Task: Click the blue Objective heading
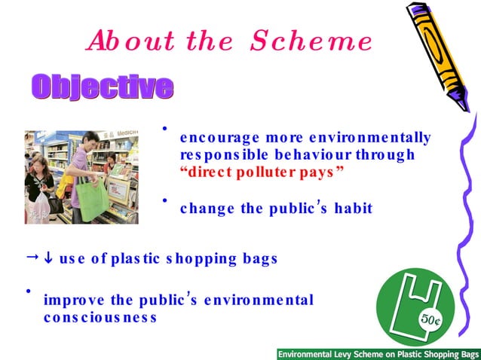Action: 102,87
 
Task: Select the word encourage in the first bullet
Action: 213,138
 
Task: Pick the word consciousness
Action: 100,317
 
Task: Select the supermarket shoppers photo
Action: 81,177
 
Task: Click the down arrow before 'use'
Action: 46,258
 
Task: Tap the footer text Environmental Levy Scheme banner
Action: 378,353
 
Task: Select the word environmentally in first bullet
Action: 374,138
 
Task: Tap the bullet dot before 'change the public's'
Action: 165,200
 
